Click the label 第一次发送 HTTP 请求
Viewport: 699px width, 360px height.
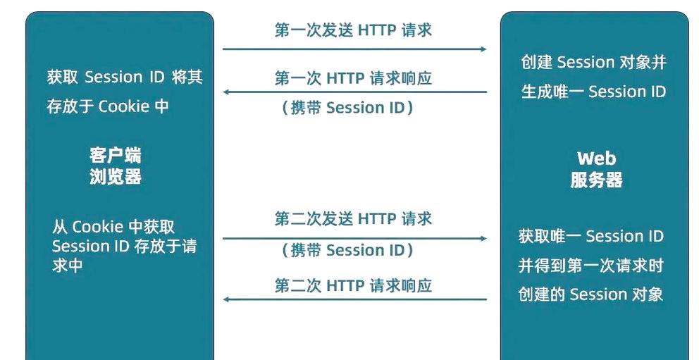pyautogui.click(x=353, y=30)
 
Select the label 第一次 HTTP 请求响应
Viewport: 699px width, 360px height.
pyautogui.click(x=353, y=78)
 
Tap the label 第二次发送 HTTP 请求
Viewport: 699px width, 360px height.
pyautogui.click(x=353, y=219)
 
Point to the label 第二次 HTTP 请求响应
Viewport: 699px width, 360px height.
pyautogui.click(x=353, y=285)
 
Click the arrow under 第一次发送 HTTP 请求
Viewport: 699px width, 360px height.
pyautogui.click(x=354, y=49)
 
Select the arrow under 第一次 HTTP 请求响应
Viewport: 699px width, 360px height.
pyautogui.click(x=354, y=92)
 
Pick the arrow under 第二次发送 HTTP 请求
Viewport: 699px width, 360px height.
pyautogui.click(x=354, y=238)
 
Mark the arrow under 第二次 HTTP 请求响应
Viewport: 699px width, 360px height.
pyautogui.click(x=354, y=299)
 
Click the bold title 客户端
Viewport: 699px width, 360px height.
pyautogui.click(x=116, y=155)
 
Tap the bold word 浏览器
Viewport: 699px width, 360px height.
pyautogui.click(x=116, y=176)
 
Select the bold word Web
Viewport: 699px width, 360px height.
pyautogui.click(x=596, y=158)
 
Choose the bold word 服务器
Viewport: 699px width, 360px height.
pyautogui.click(x=596, y=180)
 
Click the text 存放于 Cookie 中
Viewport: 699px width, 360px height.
pyautogui.click(x=108, y=106)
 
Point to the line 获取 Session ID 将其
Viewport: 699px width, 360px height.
pyautogui.click(x=125, y=77)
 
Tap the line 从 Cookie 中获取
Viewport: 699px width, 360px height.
pyautogui.click(x=113, y=227)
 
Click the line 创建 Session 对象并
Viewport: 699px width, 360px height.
pyautogui.click(x=593, y=62)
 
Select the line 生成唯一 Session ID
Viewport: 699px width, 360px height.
pyautogui.click(x=593, y=92)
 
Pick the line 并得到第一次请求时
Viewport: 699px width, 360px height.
pyautogui.click(x=591, y=266)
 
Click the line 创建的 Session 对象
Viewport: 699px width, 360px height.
pyautogui.click(x=591, y=294)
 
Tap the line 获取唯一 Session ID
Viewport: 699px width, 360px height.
pyautogui.click(x=591, y=236)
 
